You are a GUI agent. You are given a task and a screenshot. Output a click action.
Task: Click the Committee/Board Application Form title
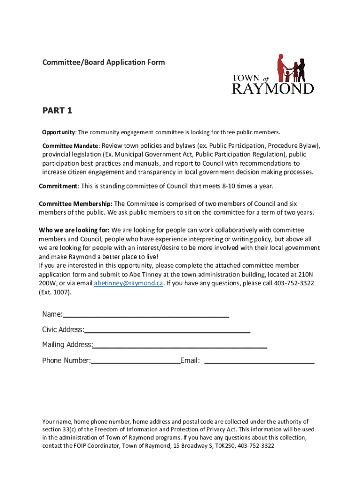(103, 62)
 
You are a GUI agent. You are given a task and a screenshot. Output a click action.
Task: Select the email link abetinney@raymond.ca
(129, 283)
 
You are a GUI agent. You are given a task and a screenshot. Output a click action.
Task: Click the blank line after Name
(146, 316)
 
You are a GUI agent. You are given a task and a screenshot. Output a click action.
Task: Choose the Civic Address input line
(167, 332)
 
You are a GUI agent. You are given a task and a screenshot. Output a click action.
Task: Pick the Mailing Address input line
(180, 347)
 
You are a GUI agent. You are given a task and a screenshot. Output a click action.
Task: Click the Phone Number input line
(136, 363)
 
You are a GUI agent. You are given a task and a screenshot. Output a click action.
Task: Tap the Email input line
(259, 363)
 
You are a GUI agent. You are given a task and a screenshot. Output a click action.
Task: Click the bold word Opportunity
(58, 132)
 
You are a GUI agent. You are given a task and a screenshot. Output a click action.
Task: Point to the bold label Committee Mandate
(70, 145)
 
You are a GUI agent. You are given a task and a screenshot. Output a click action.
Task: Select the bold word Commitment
(58, 186)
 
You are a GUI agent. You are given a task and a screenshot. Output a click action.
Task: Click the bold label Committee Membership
(75, 203)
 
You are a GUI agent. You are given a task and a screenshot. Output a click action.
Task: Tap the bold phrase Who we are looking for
(74, 230)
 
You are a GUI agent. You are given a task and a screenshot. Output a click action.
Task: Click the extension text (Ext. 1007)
(54, 292)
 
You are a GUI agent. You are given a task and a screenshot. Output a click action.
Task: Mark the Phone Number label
(66, 361)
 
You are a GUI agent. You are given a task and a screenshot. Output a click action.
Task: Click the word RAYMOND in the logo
(273, 88)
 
